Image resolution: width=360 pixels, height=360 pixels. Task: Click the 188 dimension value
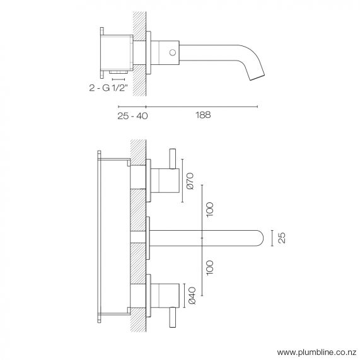coord(202,115)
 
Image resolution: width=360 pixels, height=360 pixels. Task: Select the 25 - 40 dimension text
coord(132,115)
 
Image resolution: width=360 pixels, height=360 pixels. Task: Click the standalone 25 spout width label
coord(282,238)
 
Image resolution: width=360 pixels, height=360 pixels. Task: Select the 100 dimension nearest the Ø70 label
coord(210,208)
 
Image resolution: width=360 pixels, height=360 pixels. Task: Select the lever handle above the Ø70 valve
coord(173,159)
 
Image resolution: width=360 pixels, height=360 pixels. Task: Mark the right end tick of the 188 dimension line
coord(257,106)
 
